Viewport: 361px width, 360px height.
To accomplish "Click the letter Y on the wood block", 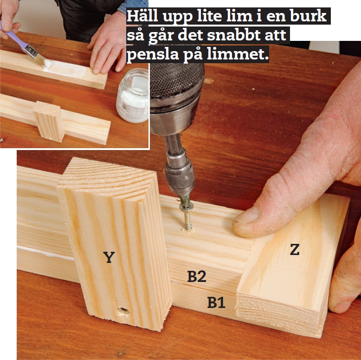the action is click(109, 257).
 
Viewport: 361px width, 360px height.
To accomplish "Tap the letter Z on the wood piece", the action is click(295, 249).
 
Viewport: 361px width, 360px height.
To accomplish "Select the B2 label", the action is click(197, 276).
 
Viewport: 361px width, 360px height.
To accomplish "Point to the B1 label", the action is click(216, 302).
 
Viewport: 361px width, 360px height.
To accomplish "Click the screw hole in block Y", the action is click(123, 311).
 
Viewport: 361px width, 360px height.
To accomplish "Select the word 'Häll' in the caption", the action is click(142, 16).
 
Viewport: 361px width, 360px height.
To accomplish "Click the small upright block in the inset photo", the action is click(49, 121).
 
